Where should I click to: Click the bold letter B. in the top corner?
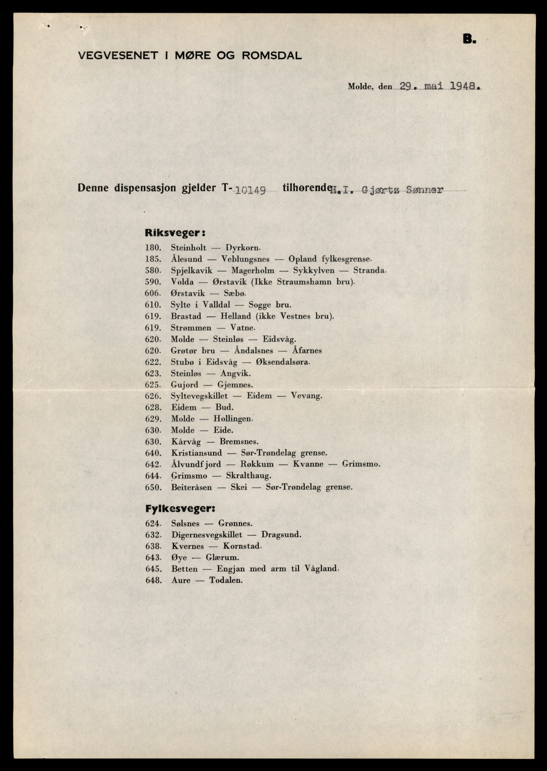coord(469,39)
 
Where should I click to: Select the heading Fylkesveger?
coord(180,509)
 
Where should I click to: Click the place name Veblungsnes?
coord(245,259)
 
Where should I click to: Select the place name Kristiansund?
coord(196,453)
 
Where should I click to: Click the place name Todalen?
coord(225,580)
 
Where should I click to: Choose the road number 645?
coord(153,569)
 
